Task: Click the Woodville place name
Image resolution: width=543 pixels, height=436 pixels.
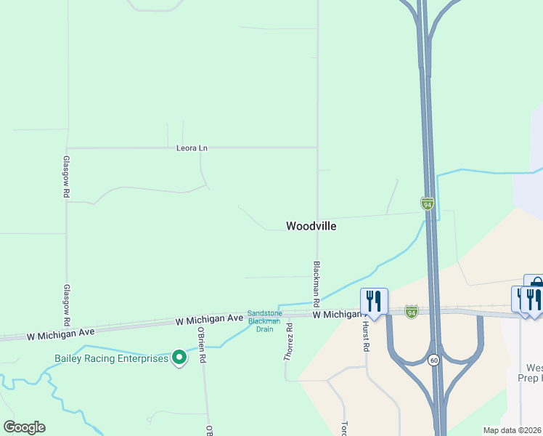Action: tap(311, 226)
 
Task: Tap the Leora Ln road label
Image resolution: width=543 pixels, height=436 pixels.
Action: tap(192, 148)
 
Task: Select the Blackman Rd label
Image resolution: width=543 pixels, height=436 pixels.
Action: tap(317, 283)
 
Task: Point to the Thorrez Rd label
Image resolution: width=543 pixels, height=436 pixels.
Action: tap(289, 343)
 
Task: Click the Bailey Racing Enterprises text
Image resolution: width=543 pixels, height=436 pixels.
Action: tap(111, 358)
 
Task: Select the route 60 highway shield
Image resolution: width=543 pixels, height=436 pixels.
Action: tap(433, 360)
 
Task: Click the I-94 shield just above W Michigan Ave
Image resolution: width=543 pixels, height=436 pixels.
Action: tap(412, 311)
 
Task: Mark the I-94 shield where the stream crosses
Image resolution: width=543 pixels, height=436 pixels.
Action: tap(428, 203)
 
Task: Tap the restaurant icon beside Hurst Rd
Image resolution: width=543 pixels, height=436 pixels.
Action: tap(374, 300)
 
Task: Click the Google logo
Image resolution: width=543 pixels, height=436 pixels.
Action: tap(24, 427)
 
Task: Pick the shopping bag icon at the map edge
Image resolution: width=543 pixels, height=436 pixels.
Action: tap(535, 284)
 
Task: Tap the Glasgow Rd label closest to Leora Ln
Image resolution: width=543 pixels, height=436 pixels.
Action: tap(66, 177)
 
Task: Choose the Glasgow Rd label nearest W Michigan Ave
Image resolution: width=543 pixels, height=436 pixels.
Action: tap(66, 304)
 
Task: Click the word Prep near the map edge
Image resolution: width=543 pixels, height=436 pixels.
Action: tap(528, 378)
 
